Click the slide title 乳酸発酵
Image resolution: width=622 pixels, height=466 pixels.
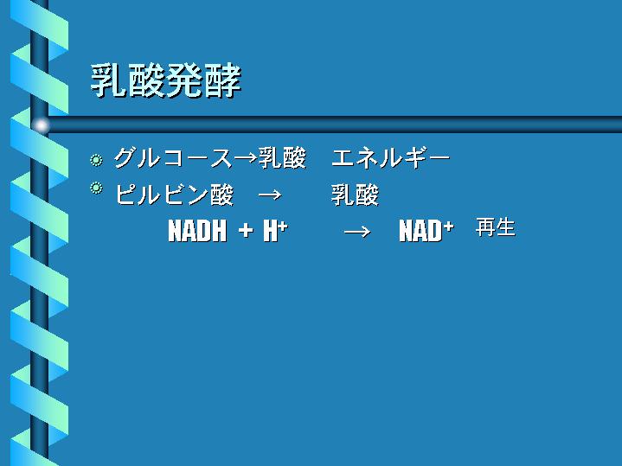[166, 81]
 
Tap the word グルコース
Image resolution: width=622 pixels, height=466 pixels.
[173, 158]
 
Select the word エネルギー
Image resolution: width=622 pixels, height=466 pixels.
[391, 158]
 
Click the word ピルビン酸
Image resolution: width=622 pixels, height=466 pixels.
[174, 195]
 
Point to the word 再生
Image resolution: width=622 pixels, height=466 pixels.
[496, 227]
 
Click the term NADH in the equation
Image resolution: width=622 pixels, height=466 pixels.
[197, 231]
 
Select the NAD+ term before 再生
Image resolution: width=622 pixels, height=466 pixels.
[426, 231]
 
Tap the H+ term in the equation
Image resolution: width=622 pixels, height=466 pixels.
[275, 231]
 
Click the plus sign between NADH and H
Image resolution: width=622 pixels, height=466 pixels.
[246, 231]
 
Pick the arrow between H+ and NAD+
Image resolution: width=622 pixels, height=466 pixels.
[357, 231]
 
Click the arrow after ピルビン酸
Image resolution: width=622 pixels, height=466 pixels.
[270, 195]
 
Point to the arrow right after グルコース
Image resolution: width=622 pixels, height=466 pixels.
[246, 158]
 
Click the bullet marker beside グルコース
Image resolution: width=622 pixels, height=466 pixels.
[96, 160]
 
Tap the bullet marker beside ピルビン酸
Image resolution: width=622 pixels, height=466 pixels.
[96, 188]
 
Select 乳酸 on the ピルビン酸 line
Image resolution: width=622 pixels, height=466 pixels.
[355, 195]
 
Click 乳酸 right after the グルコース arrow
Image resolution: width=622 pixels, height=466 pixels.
[282, 158]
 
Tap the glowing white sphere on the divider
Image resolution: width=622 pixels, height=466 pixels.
[41, 125]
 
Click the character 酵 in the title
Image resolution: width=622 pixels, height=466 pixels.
[222, 81]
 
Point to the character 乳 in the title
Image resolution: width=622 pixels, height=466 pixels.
[109, 81]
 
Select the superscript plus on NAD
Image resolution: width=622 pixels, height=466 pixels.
[449, 226]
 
